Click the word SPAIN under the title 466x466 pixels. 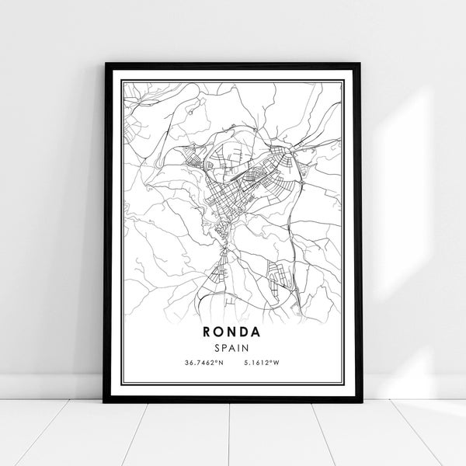(233, 347)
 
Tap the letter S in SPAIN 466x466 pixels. (219, 347)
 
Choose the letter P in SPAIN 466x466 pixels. (226, 347)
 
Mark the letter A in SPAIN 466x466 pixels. (233, 347)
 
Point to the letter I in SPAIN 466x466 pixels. (239, 347)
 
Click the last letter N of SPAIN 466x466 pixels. (246, 347)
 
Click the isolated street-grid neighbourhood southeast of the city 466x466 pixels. (278, 276)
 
